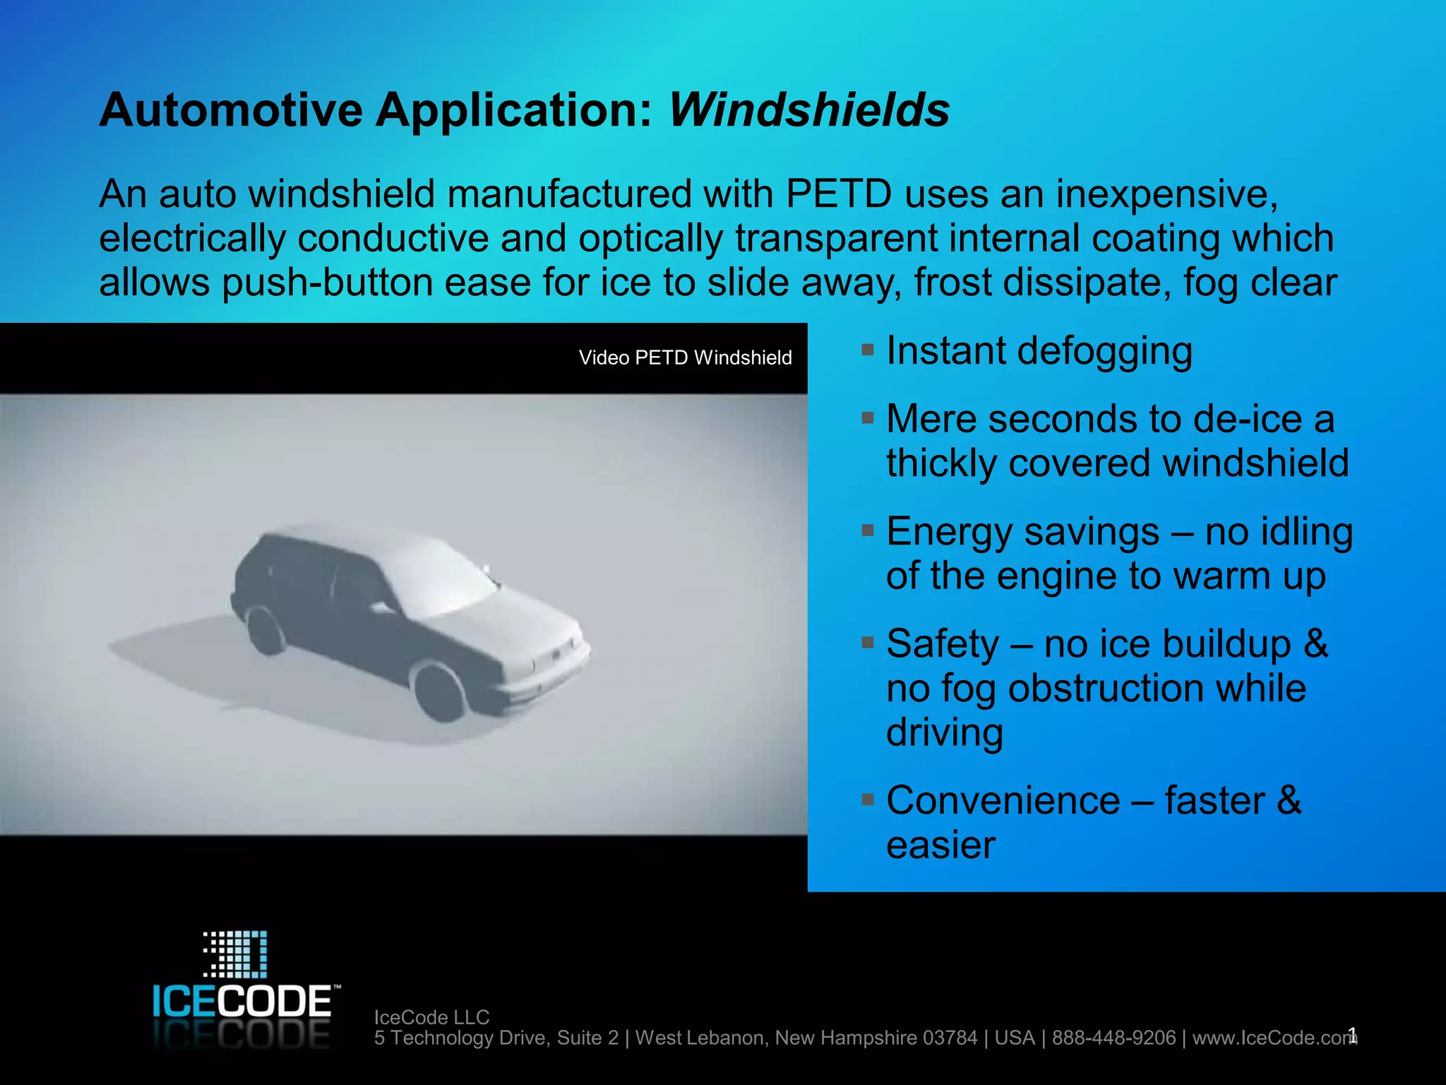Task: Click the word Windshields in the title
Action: (x=809, y=110)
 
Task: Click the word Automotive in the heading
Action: (x=231, y=110)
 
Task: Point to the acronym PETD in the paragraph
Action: (x=838, y=194)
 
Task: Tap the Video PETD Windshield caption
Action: (x=685, y=358)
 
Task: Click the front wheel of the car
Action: (x=439, y=691)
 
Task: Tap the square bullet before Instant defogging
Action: (x=868, y=350)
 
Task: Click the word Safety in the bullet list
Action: (x=943, y=644)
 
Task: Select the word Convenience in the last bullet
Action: (x=1003, y=801)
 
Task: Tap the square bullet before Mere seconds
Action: (x=868, y=417)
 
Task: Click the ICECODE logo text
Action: (x=241, y=1001)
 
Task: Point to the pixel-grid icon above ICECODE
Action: (x=236, y=954)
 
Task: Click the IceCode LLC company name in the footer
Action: (x=431, y=1017)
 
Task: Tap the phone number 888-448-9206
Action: (x=1113, y=1038)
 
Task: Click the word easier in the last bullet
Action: (x=940, y=846)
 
